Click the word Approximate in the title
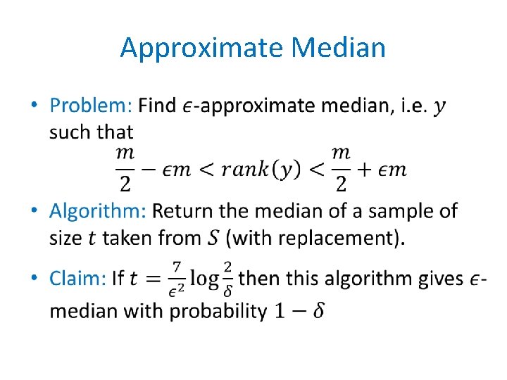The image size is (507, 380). [x=201, y=48]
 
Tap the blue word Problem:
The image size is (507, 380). [x=91, y=106]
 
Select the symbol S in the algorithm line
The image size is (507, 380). [x=214, y=238]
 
